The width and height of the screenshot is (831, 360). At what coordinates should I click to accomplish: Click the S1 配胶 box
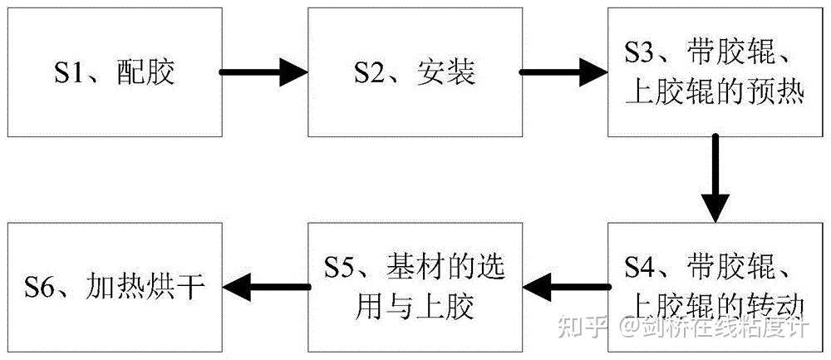pyautogui.click(x=114, y=72)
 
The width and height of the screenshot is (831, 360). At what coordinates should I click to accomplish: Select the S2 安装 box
pyautogui.click(x=415, y=72)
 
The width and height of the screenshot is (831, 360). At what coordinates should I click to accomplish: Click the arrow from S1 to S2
pyautogui.click(x=263, y=72)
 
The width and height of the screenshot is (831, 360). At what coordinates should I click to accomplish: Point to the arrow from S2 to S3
pyautogui.click(x=564, y=72)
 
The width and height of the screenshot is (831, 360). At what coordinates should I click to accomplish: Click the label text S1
pyautogui.click(x=71, y=73)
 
